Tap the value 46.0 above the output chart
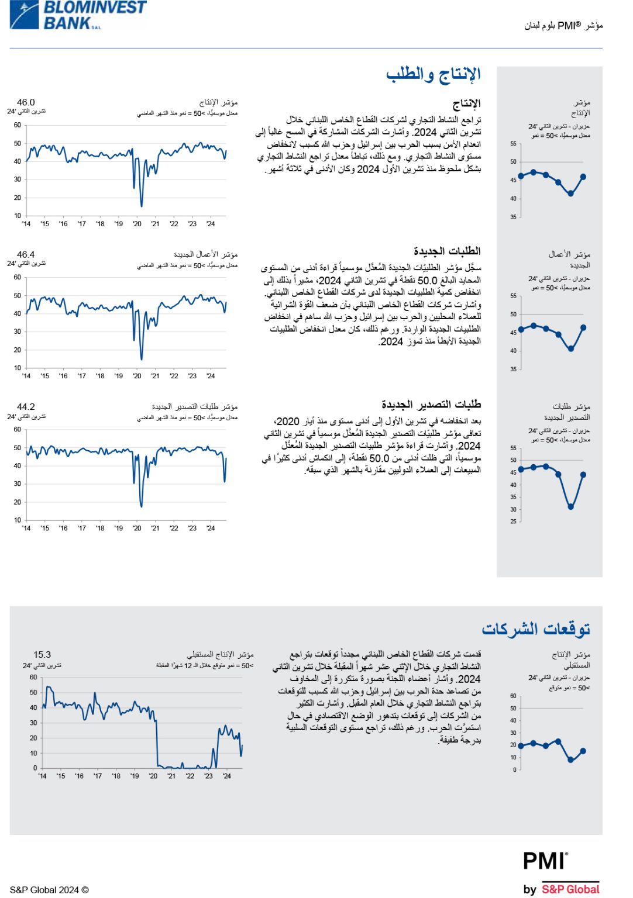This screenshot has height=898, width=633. click(x=26, y=102)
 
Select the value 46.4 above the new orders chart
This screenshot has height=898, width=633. click(x=26, y=254)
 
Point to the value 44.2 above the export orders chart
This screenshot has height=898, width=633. click(x=26, y=406)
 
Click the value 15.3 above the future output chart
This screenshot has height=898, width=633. click(x=42, y=654)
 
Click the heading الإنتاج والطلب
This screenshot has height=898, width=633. click(x=433, y=74)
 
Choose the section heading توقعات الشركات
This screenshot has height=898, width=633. click(x=535, y=628)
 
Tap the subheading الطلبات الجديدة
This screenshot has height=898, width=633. click(x=447, y=251)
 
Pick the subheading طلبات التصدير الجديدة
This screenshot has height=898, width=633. click(x=431, y=404)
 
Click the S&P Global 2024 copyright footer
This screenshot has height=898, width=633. click(x=49, y=890)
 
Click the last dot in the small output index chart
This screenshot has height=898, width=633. click(x=583, y=177)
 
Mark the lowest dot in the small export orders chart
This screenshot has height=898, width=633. click(x=570, y=507)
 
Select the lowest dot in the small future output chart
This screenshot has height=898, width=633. click(x=570, y=759)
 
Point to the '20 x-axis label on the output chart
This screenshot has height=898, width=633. click(x=137, y=224)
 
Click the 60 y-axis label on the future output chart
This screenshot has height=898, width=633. click(x=33, y=677)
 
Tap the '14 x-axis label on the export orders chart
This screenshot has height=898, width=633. click(x=26, y=528)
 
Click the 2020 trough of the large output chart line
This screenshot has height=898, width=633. click(x=141, y=206)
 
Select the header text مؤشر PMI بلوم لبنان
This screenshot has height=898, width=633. click(x=563, y=26)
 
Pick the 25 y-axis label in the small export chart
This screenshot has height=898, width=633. click(x=513, y=521)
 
